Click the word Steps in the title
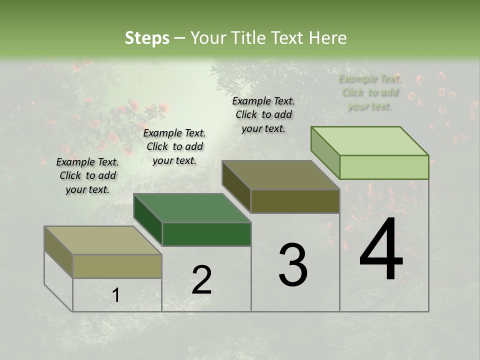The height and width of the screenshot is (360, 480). click(x=147, y=38)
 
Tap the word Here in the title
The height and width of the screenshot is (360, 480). click(x=327, y=38)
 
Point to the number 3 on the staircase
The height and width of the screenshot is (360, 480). click(x=293, y=265)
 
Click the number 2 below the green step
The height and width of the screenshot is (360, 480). click(x=201, y=280)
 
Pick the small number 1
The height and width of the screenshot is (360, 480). click(x=116, y=295)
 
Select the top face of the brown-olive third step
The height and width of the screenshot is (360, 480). click(x=280, y=175)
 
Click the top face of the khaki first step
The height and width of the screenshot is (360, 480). click(x=103, y=240)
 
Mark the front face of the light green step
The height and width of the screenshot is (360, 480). click(x=384, y=167)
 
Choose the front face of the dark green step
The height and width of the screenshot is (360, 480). click(x=206, y=234)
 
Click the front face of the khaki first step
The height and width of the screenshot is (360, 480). click(x=117, y=266)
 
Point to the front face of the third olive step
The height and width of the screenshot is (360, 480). click(x=295, y=201)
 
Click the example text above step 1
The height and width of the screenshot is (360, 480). click(x=87, y=175)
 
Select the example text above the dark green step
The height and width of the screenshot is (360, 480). click(x=174, y=146)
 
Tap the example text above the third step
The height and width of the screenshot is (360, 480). click(x=263, y=114)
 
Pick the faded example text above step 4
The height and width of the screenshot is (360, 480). click(x=370, y=92)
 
